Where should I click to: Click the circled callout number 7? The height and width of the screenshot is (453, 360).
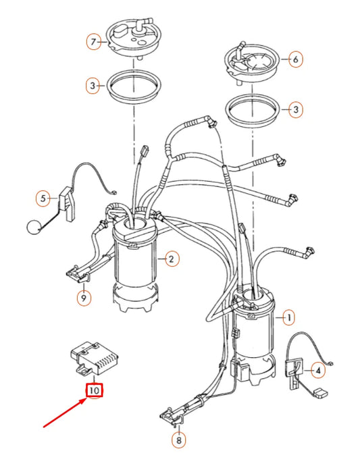click(95, 42)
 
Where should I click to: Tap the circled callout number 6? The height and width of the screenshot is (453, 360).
click(294, 60)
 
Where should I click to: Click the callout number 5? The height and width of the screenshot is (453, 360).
click(43, 198)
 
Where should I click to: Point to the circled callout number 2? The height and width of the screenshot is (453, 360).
click(172, 258)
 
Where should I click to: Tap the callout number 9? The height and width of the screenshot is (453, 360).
click(84, 297)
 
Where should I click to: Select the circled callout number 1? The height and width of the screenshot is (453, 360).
click(289, 317)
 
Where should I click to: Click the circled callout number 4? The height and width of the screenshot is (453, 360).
click(316, 369)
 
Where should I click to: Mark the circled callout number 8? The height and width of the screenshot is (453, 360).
click(178, 441)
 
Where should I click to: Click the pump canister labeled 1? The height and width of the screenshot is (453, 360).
click(254, 331)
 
